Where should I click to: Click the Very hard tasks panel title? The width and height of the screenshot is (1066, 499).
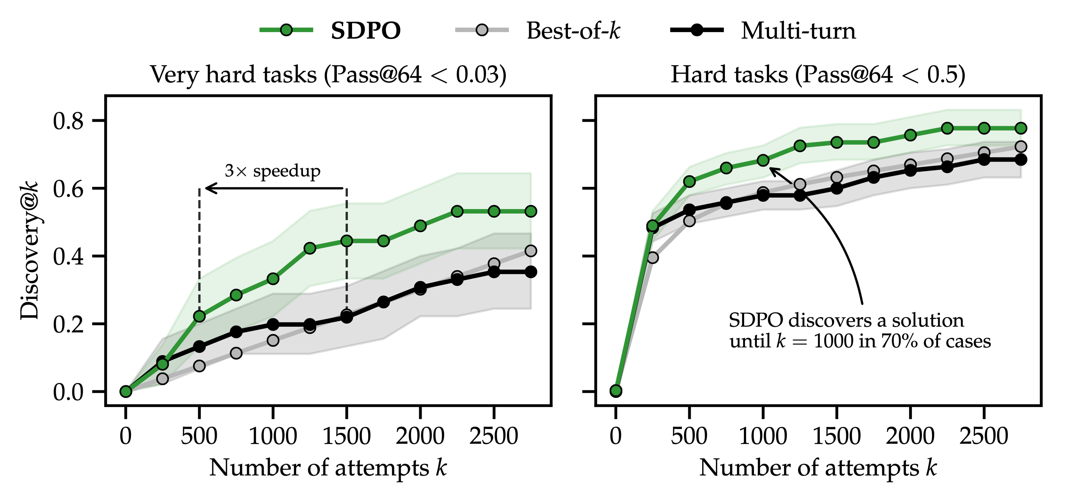coord(328,75)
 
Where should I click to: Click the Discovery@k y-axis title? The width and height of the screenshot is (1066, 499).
coord(30,250)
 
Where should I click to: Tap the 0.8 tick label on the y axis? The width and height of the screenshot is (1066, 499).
coord(68,121)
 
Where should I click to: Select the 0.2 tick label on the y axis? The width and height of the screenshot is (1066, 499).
coord(68,324)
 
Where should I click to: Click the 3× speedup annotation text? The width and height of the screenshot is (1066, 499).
coord(272,171)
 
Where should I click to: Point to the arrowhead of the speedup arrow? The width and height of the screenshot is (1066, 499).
coord(207,188)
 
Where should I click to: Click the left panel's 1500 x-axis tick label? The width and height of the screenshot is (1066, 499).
coord(346,437)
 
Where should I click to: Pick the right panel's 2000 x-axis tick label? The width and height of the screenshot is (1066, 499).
coord(910,437)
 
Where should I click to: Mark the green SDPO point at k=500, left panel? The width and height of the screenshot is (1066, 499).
coord(199,316)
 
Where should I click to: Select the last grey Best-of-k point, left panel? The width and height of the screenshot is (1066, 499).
coord(531,251)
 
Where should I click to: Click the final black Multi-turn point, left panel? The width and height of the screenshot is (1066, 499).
coord(531,272)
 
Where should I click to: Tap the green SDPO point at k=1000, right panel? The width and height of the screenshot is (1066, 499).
coord(763,160)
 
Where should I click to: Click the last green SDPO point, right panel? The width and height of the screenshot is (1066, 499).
coord(1021,128)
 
